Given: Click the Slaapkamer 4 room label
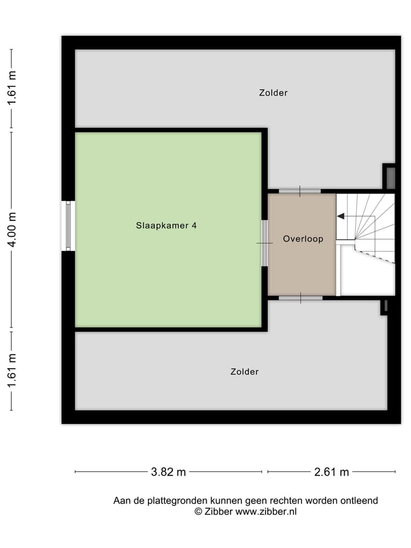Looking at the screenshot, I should (x=167, y=225).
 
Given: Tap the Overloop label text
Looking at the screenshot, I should (x=303, y=239).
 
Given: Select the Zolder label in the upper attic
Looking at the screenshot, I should (x=273, y=92).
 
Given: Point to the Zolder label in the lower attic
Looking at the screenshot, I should (x=244, y=372).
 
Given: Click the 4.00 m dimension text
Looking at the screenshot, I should (x=11, y=229).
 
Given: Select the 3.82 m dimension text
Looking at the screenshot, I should (x=168, y=472).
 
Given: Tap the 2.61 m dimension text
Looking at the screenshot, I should (x=331, y=472).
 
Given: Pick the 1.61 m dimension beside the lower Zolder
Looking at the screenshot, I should (x=11, y=370).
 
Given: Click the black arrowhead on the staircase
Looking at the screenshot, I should (x=341, y=216).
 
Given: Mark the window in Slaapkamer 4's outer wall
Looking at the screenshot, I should (x=68, y=225).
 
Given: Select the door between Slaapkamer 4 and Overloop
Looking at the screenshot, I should (x=264, y=243).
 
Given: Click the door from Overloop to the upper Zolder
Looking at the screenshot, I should (x=300, y=191).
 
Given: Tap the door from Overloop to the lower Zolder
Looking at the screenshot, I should (x=300, y=297).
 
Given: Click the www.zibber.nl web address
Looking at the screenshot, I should (x=266, y=512).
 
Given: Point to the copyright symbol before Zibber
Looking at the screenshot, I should (x=199, y=512).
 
